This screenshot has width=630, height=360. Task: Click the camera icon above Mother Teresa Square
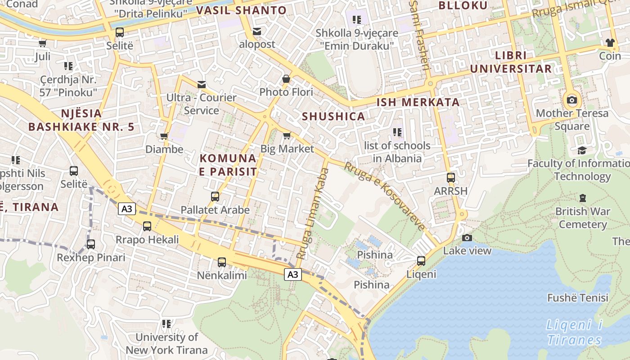pyautogui.click(x=572, y=100)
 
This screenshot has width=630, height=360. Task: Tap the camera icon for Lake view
pyautogui.click(x=467, y=238)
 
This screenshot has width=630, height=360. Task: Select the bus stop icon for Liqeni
pyautogui.click(x=421, y=261)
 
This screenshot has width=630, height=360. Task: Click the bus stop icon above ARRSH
pyautogui.click(x=451, y=178)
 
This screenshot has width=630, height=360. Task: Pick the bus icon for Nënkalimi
pyautogui.click(x=221, y=262)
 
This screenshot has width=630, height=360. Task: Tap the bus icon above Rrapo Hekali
pyautogui.click(x=147, y=226)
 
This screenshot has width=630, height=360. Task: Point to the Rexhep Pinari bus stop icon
pyautogui.click(x=91, y=244)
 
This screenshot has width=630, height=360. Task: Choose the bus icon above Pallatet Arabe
pyautogui.click(x=215, y=197)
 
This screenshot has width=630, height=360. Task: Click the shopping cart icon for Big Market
pyautogui.click(x=287, y=135)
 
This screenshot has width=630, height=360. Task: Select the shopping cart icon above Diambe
pyautogui.click(x=164, y=136)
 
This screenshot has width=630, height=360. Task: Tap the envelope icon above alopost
pyautogui.click(x=257, y=31)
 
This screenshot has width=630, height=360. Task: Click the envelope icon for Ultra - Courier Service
pyautogui.click(x=201, y=85)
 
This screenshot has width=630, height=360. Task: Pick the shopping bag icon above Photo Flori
pyautogui.click(x=286, y=79)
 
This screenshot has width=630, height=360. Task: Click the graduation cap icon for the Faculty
pyautogui.click(x=582, y=150)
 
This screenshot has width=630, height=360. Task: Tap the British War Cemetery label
pyautogui.click(x=583, y=218)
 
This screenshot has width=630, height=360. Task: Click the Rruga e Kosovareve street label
pyautogui.click(x=385, y=196)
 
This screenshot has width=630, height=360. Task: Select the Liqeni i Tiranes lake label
pyautogui.click(x=575, y=332)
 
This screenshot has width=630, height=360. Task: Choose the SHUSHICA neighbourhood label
pyautogui.click(x=333, y=117)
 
